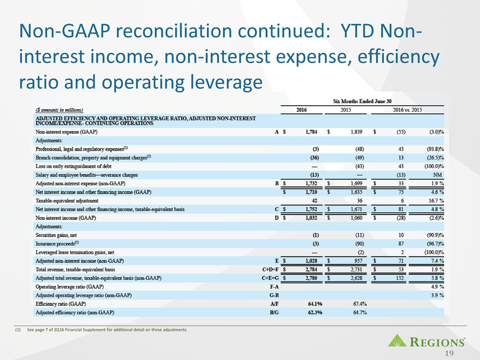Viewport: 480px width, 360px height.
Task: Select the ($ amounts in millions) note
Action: [59, 109]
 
